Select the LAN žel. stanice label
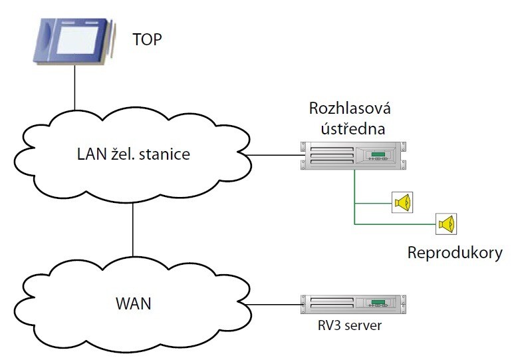(x=133, y=156)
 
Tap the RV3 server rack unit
(x=353, y=305)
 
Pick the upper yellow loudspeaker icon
(x=403, y=202)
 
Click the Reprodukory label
(x=455, y=254)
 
